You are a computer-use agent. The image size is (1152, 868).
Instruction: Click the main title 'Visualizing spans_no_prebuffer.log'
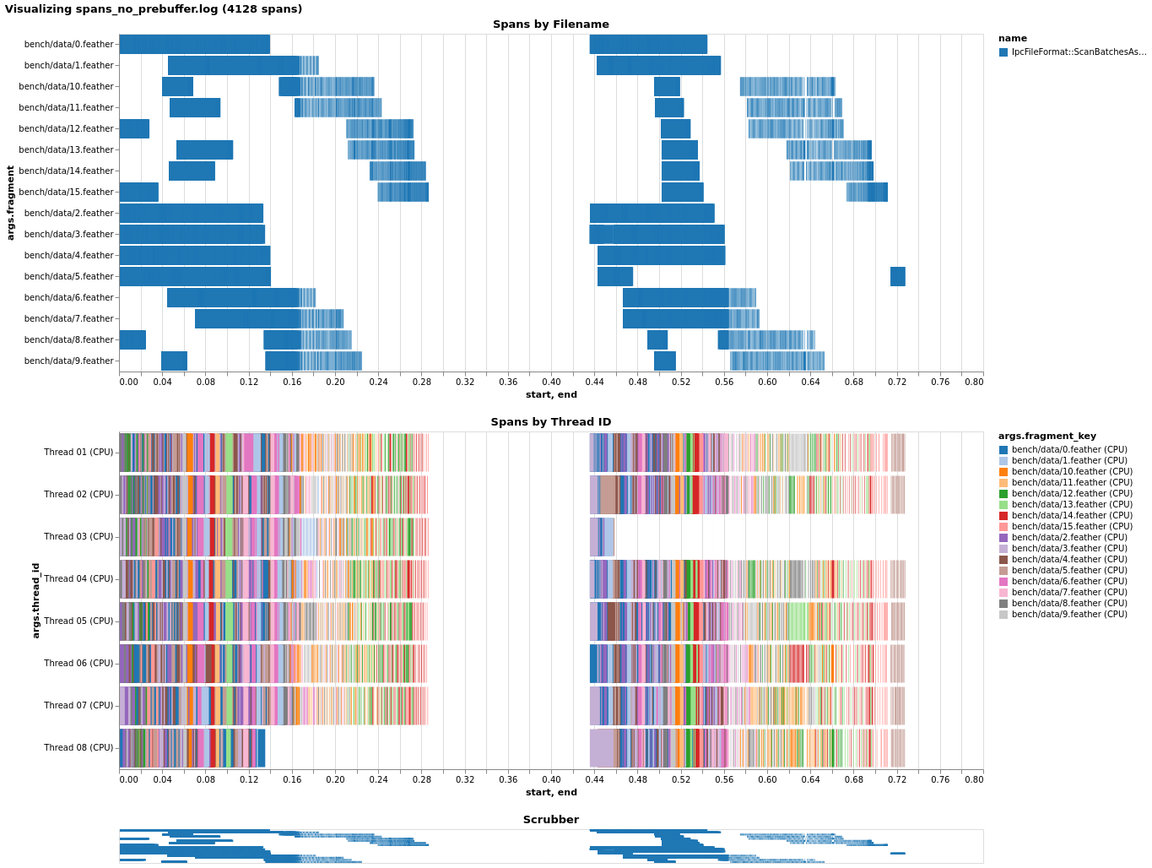[153, 9]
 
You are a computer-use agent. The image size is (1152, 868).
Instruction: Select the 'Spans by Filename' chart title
[550, 24]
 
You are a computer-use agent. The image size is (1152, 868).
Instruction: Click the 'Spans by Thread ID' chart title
[550, 422]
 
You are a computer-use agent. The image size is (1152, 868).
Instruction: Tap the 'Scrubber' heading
[550, 820]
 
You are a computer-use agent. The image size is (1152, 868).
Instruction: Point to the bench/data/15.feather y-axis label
[66, 192]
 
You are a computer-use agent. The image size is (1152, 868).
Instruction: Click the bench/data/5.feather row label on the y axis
[68, 276]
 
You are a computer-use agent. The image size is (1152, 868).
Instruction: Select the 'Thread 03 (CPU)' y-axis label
[78, 536]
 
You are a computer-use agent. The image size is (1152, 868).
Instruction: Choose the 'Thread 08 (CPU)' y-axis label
[78, 747]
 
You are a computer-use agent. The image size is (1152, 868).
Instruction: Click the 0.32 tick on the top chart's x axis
[465, 382]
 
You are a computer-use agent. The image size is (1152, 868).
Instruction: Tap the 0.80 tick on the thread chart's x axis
[974, 779]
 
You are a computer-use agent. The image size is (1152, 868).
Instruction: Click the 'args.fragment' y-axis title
[11, 203]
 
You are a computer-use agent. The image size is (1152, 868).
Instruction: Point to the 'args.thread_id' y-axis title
[36, 600]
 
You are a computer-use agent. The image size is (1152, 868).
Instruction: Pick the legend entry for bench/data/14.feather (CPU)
[1068, 515]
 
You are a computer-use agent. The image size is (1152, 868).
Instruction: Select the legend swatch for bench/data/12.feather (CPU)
[1003, 494]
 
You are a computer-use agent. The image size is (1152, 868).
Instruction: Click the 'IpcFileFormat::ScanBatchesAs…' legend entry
[1079, 52]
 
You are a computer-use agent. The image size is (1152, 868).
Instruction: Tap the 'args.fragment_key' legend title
[1047, 437]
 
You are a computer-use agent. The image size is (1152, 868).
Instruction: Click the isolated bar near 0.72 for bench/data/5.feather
[897, 276]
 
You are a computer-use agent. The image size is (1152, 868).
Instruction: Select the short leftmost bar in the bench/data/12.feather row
[134, 128]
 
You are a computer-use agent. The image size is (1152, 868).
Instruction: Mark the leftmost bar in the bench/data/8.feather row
[133, 339]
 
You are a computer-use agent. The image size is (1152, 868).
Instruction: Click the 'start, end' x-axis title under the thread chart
[550, 792]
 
